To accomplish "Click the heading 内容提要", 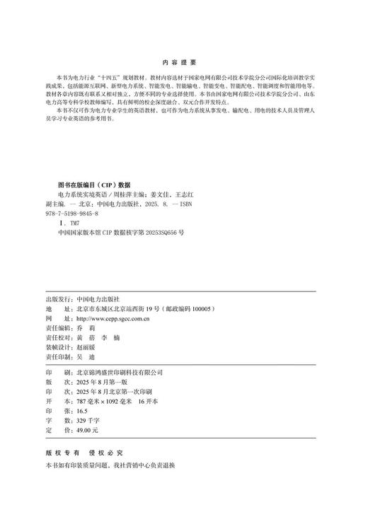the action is click(184, 62).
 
